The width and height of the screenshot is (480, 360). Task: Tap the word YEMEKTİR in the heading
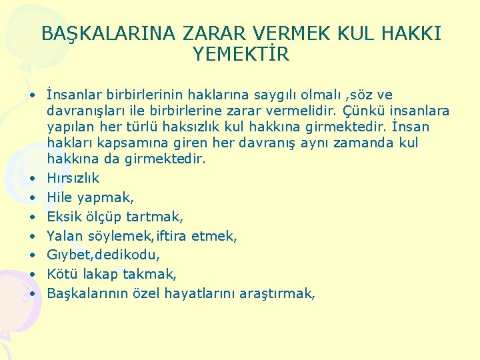241,55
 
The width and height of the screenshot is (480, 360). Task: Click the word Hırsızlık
73,178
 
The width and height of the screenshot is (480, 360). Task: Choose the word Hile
60,197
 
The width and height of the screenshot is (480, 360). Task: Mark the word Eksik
63,217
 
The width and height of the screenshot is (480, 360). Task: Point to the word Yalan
64,236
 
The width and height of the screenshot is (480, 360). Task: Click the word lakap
98,274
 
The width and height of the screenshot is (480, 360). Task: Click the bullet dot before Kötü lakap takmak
31,274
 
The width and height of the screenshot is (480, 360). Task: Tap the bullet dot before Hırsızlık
31,178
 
